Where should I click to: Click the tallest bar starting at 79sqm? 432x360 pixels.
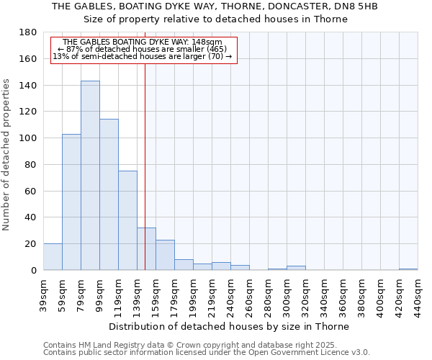(90, 176)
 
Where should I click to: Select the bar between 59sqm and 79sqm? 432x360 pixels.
(71, 202)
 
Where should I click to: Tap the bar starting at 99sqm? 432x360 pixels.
(109, 194)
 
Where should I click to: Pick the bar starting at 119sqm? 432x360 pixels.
(127, 220)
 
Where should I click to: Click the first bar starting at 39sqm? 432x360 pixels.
(53, 257)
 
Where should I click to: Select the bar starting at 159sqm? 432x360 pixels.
(165, 255)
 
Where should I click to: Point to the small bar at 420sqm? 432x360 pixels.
(408, 269)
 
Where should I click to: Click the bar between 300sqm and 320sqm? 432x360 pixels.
(296, 268)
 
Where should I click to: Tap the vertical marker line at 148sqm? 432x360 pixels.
(145, 144)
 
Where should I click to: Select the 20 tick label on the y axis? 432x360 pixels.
(32, 244)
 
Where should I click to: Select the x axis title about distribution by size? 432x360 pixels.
(230, 326)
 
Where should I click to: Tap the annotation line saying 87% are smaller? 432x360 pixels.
(142, 49)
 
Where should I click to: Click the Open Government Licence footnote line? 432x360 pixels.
(206, 352)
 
